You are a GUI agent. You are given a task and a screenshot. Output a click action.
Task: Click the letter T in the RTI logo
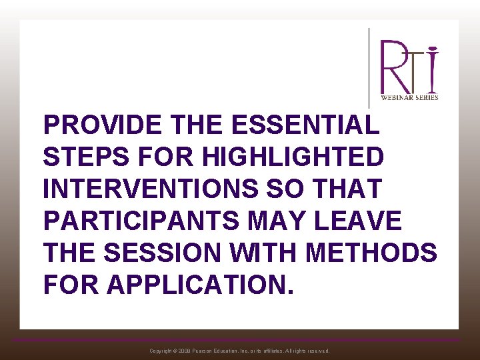point(417,70)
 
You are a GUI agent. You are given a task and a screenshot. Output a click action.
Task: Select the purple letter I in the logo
point(433,69)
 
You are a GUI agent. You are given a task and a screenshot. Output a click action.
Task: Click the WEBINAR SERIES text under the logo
point(409,97)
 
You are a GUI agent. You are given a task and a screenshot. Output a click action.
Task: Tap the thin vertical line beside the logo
point(369,67)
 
